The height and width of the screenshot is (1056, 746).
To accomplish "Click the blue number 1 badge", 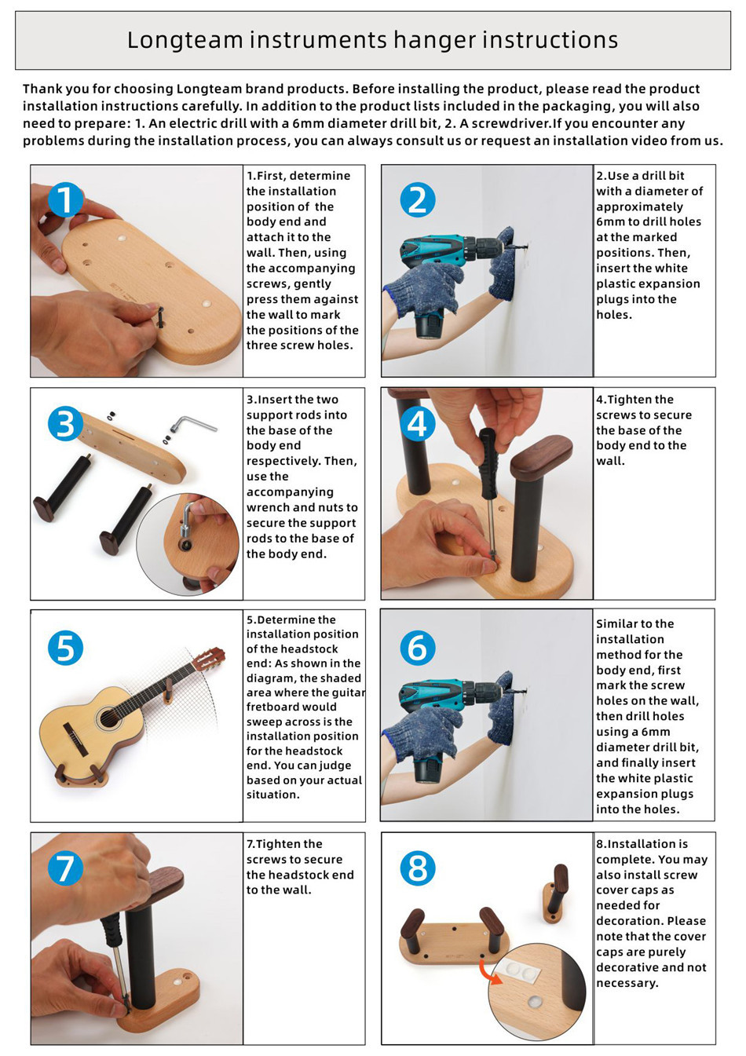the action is click(66, 199).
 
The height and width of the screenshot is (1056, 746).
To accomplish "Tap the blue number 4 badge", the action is click(417, 423).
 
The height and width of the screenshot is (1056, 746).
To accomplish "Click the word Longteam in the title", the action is click(185, 40).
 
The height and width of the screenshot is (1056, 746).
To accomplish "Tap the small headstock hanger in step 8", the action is click(555, 894).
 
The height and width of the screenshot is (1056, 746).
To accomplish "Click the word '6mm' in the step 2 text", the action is click(611, 222).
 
